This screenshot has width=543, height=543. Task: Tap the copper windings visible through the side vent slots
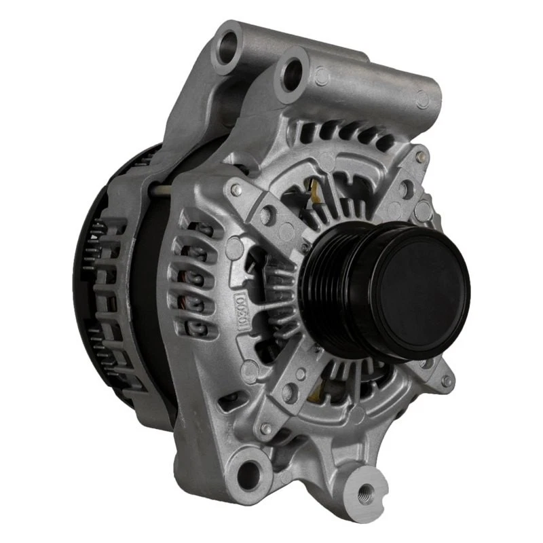[194, 278]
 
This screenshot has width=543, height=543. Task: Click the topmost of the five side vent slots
[195, 229]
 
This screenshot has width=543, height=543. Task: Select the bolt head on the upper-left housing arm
[236, 192]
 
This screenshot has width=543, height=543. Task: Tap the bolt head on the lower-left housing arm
[266, 429]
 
